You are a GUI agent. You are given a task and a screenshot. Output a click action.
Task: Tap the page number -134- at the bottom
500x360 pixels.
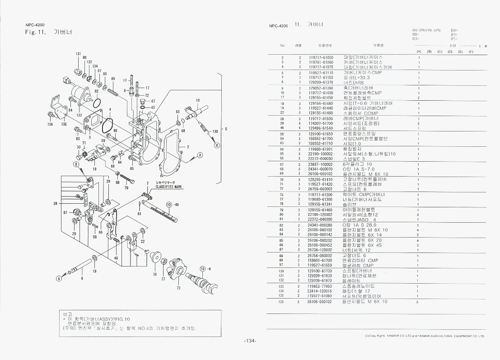[x=250, y=341]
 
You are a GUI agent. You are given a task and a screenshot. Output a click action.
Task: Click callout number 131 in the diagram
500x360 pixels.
[x=78, y=54]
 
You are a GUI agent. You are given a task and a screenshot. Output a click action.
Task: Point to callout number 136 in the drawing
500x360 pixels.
[x=50, y=123]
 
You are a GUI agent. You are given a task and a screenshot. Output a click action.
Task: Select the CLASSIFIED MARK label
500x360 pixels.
[x=168, y=186]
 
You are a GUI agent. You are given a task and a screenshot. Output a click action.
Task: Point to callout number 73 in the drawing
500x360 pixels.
[x=178, y=287]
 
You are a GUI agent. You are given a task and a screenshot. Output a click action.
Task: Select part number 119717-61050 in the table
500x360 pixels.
[x=321, y=58]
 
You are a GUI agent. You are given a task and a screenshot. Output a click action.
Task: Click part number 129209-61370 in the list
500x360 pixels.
[x=321, y=83]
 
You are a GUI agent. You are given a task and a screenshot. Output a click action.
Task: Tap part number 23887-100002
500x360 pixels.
[x=320, y=164]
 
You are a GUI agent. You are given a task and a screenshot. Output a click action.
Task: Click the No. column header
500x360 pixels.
[x=283, y=45]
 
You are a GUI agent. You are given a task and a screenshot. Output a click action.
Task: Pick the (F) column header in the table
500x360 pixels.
[x=470, y=52]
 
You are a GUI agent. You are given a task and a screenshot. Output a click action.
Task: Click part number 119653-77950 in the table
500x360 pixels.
[x=320, y=286]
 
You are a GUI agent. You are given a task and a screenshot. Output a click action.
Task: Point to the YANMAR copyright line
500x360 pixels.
[x=424, y=336]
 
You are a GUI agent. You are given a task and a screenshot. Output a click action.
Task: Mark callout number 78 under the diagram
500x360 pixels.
[x=155, y=274]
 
